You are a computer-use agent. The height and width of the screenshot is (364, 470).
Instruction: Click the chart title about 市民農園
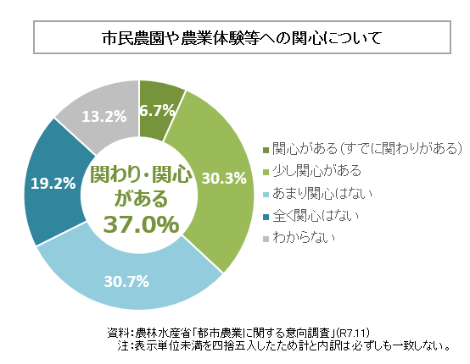235,39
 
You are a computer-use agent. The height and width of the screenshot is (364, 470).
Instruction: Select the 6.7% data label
158,110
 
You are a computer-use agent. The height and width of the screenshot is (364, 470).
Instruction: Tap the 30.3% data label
225,178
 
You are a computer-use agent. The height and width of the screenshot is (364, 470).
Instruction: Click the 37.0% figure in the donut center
141,224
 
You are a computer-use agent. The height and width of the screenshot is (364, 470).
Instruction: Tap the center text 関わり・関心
141,175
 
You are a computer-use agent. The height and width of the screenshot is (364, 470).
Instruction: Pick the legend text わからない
304,238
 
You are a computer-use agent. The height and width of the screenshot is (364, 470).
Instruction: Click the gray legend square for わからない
266,239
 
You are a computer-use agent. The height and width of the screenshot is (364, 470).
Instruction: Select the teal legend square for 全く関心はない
266,217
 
